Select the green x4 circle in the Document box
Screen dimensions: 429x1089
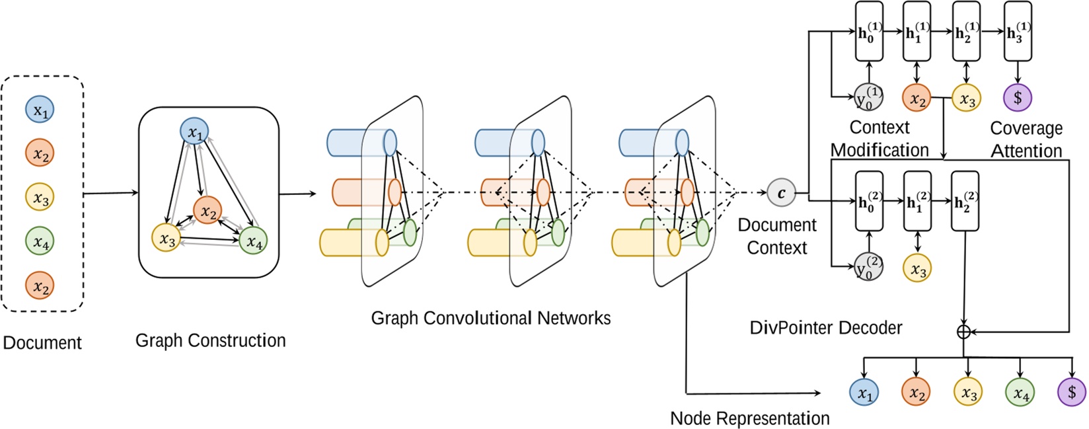tap(40, 242)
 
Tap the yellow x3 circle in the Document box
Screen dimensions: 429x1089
tap(40, 198)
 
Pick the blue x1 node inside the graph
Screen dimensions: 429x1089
tap(194, 133)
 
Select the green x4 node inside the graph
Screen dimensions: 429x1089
tap(254, 241)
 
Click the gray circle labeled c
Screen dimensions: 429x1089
tap(781, 193)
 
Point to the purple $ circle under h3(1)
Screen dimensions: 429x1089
tap(1018, 97)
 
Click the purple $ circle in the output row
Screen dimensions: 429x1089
tap(1071, 392)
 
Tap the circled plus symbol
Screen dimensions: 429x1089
tap(963, 331)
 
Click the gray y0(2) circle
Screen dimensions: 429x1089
tap(868, 266)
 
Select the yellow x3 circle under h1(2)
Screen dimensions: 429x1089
tap(917, 268)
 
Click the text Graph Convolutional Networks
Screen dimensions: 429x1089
tap(490, 318)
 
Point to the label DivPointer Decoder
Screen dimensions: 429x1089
tap(825, 327)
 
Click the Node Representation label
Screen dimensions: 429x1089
tap(749, 418)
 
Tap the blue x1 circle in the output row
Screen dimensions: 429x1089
tap(864, 393)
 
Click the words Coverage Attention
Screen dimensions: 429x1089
tap(1026, 139)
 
